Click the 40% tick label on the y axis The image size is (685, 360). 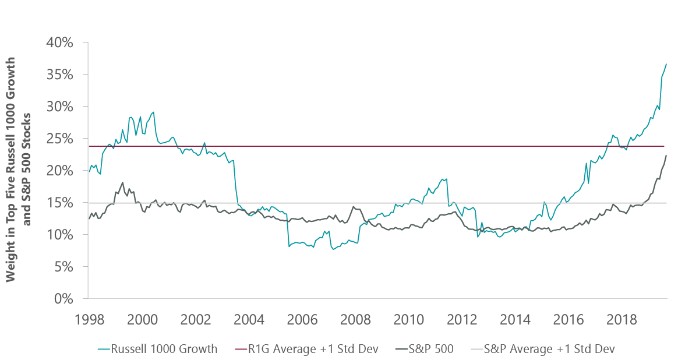pos(59,43)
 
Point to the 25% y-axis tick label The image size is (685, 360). pos(59,139)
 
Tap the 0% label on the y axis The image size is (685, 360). pos(63,299)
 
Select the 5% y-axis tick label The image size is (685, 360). pos(63,267)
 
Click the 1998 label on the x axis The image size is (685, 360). pos(90,319)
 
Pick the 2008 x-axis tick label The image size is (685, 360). pos(355,319)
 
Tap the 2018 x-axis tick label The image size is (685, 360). pos(622,319)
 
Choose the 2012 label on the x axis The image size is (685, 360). pos(462,319)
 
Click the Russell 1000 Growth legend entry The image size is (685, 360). pos(158,349)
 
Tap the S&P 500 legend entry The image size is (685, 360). pos(425,349)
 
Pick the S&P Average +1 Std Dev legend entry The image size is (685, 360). pos(543,349)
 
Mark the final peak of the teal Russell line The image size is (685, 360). pos(666,64)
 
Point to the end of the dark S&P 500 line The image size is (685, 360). pos(666,156)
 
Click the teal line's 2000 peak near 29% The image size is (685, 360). pos(153,112)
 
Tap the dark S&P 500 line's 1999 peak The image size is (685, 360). pos(123,183)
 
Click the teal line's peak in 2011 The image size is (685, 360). pos(442,179)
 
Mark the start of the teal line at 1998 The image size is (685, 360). pos(89,171)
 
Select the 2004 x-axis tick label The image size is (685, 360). pos(249,319)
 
